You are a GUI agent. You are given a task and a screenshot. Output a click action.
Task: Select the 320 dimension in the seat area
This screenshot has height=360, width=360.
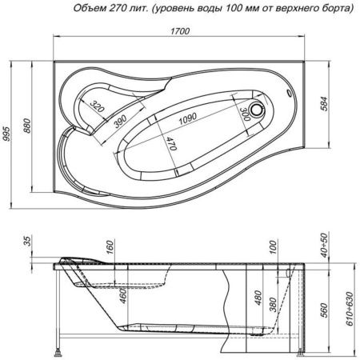click(x=98, y=106)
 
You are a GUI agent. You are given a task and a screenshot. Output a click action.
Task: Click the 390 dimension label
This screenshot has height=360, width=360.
click(x=119, y=121)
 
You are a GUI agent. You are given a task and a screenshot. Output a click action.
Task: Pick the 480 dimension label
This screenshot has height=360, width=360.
click(x=256, y=302)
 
